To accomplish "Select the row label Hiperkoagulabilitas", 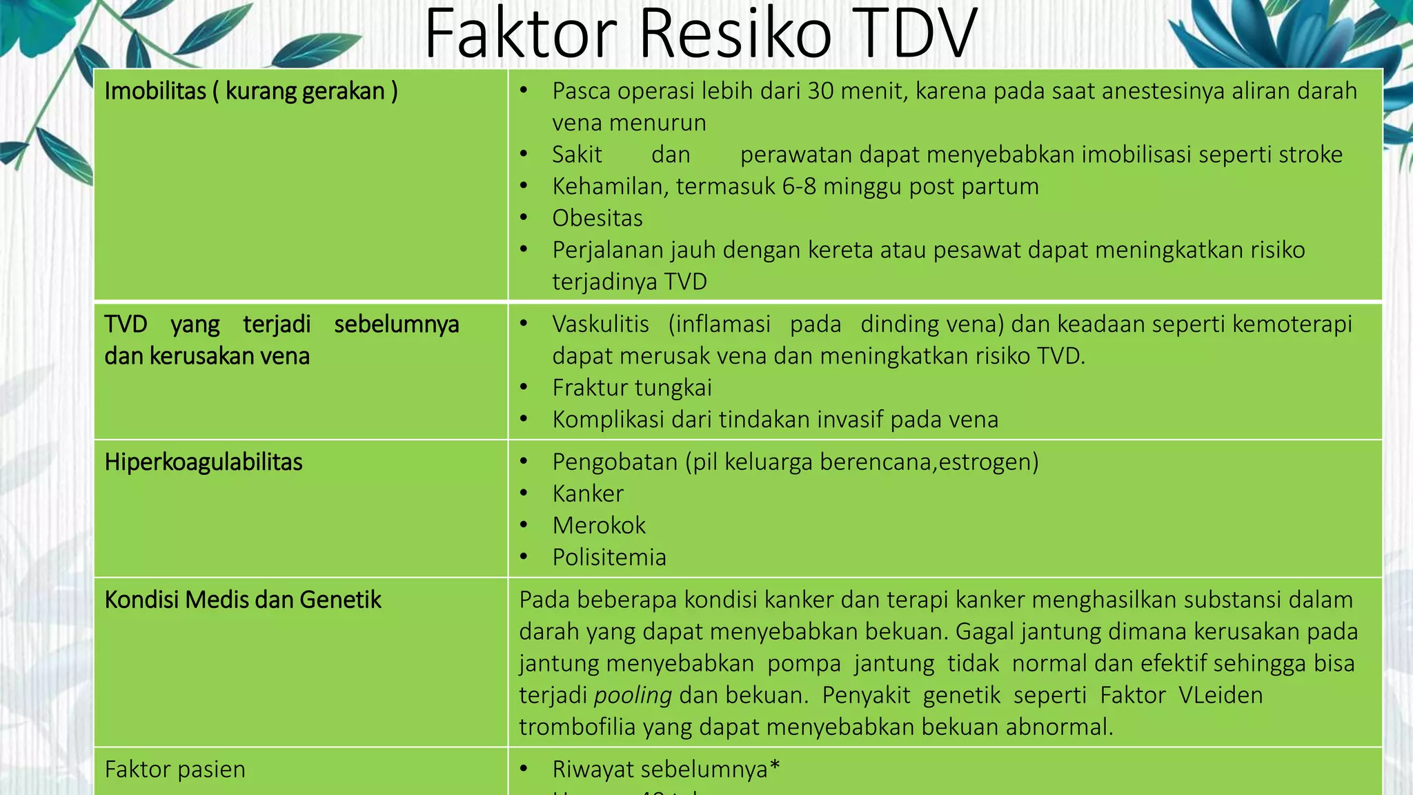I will tap(204, 462).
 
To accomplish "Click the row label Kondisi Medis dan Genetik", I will tap(243, 600).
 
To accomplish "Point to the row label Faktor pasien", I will tap(175, 769).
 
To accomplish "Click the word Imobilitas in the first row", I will tap(155, 91).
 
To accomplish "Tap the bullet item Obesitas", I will tap(597, 218).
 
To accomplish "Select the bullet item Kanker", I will tap(588, 494).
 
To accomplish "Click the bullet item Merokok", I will tap(599, 526).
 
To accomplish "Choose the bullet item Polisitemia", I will tap(609, 558).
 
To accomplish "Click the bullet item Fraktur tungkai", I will tap(632, 388).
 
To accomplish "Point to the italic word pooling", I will tap(633, 695).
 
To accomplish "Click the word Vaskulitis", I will tap(600, 324).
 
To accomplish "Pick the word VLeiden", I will tap(1221, 695).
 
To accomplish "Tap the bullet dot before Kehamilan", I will tap(524, 186).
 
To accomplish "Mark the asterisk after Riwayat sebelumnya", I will tap(775, 766).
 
